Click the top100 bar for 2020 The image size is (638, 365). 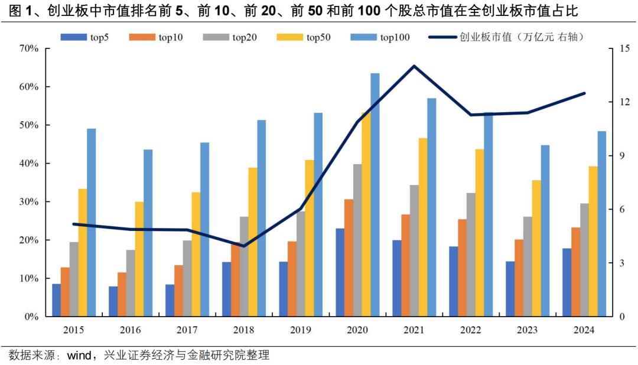coord(375,195)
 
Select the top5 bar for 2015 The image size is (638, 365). coord(56,301)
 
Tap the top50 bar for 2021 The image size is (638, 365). coord(423,227)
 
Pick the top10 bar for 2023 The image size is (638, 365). coord(519,278)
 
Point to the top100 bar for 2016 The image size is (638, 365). coord(148,233)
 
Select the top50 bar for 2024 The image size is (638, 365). coord(593,242)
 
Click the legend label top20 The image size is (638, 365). coord(245,38)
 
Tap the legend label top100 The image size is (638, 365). coord(395,38)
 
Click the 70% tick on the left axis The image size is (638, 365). coord(28,48)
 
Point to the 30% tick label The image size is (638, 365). coord(28,202)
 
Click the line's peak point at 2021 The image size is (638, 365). coord(414,66)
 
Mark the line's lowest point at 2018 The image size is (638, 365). coord(243,246)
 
